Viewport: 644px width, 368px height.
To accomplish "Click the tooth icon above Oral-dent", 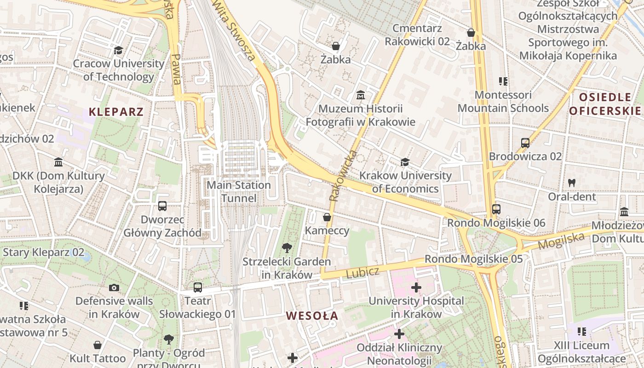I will tap(572, 182).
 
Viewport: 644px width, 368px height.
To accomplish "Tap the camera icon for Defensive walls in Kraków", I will tap(114, 288).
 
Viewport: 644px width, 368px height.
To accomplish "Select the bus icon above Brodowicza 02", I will tap(525, 143).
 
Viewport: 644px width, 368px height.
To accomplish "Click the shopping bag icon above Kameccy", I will tap(327, 217).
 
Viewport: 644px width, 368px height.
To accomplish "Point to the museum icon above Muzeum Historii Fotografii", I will tap(361, 95).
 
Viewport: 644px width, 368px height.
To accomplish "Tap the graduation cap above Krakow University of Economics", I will tap(405, 162).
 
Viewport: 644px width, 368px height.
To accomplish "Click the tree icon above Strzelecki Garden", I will tap(287, 248).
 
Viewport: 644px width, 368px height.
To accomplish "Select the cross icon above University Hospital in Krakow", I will tap(416, 288).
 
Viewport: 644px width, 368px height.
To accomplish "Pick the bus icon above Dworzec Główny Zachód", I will tap(162, 206).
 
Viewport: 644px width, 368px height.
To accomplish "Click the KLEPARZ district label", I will tap(116, 112).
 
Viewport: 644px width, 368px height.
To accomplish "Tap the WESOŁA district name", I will tap(312, 316).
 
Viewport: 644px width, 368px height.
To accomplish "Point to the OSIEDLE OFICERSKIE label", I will tap(605, 104).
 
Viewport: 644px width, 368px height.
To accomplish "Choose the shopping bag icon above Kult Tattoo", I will tap(98, 345).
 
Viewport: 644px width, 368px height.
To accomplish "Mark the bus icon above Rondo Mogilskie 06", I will tap(496, 209).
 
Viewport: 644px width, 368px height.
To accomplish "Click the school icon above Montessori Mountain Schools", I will tap(503, 81).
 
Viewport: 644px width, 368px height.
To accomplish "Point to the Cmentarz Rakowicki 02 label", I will tap(417, 35).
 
